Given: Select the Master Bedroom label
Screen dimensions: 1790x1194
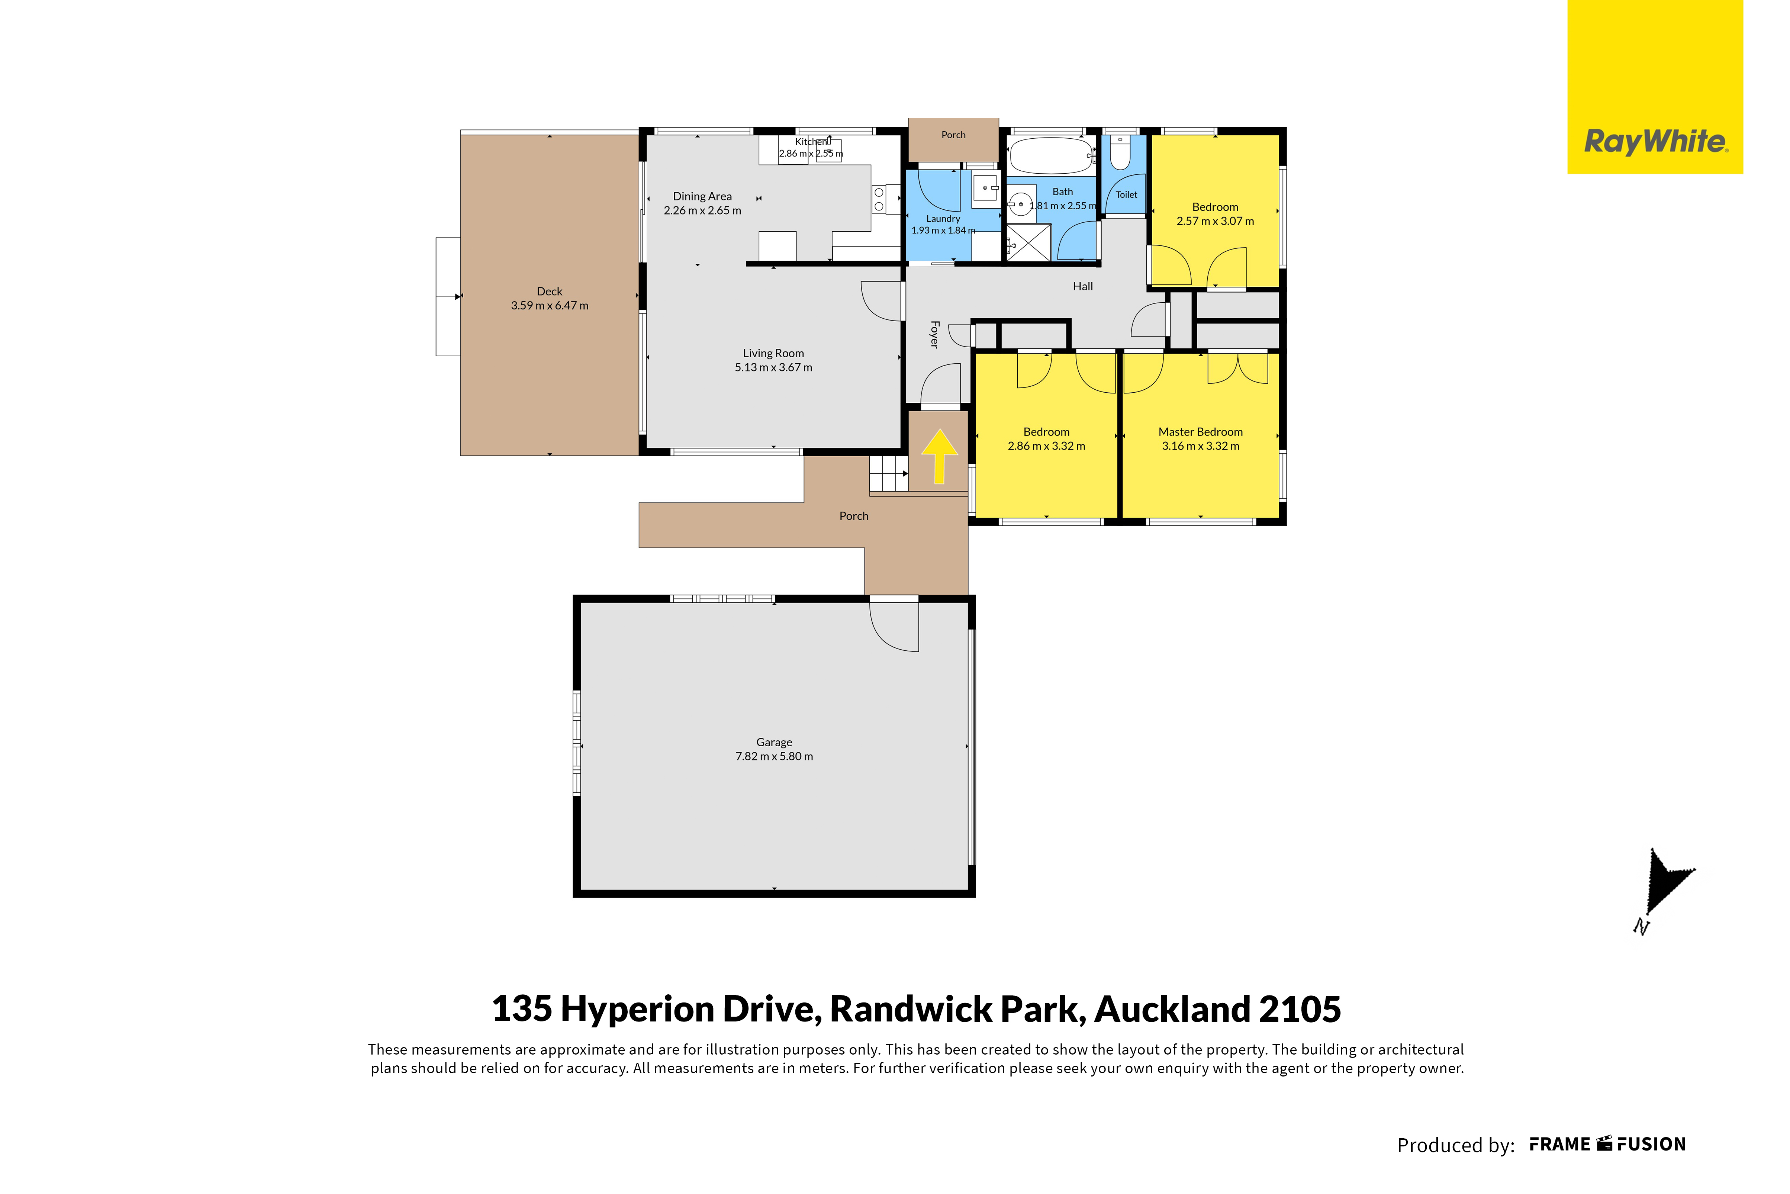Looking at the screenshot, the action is pos(1201,432).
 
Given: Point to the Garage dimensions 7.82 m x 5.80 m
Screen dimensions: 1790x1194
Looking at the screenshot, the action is pos(774,756).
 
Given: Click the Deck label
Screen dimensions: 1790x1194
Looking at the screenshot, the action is pos(550,292).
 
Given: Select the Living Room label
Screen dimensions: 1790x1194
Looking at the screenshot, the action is pos(773,353).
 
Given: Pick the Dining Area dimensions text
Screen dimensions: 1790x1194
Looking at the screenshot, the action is pos(702,210).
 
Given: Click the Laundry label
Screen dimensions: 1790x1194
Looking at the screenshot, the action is pos(943,219).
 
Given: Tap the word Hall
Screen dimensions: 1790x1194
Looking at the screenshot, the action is pos(1083,286).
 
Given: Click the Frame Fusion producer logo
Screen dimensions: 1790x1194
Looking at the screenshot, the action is pos(1608,1145).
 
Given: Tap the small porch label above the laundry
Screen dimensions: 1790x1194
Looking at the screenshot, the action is pos(953,135).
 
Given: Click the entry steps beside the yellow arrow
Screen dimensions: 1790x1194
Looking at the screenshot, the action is pos(889,474).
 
